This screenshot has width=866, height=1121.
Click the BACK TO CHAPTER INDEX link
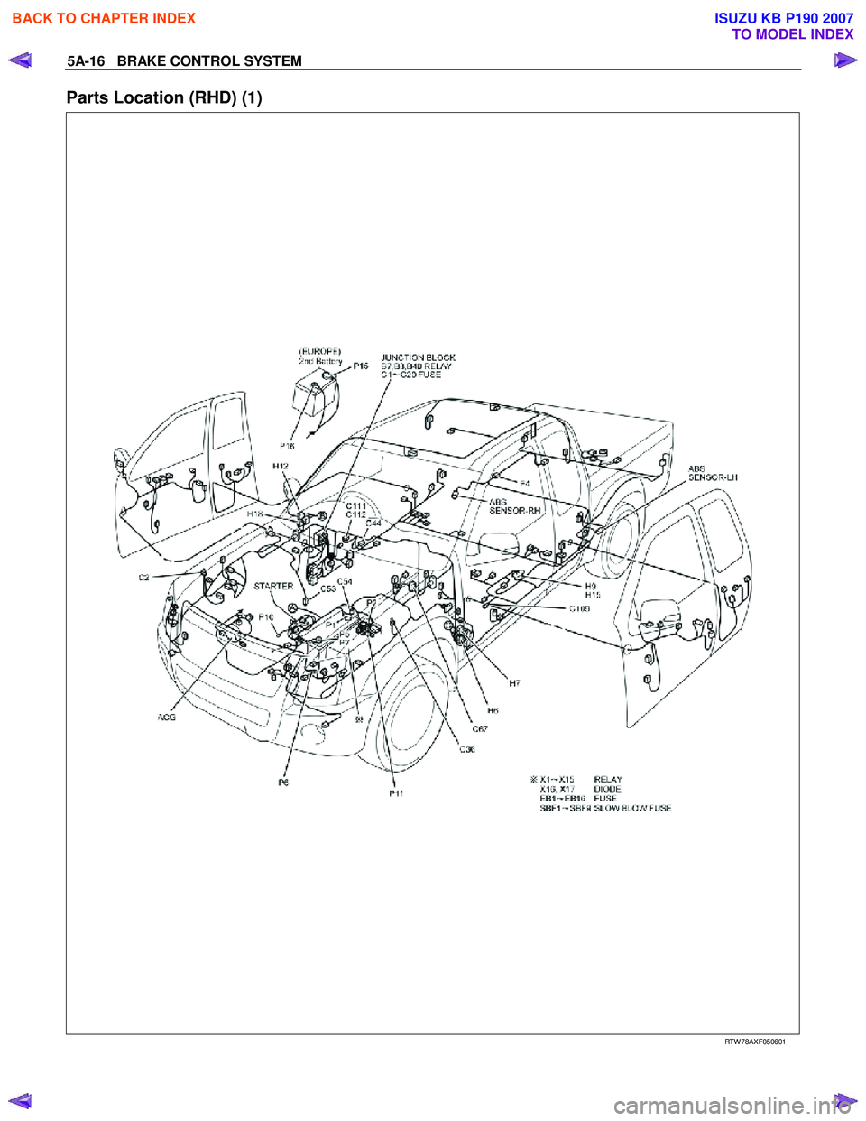coord(104,18)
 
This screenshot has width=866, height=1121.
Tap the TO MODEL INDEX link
coord(792,34)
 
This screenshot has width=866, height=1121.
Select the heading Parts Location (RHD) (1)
coord(164,97)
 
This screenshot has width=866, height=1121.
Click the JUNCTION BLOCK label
coord(418,357)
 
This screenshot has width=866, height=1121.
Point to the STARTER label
coord(273,586)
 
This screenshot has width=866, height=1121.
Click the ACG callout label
coord(167,718)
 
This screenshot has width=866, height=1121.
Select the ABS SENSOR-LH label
coord(713,473)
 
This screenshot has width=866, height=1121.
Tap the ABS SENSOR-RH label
coord(514,506)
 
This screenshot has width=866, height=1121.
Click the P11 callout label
coord(396,793)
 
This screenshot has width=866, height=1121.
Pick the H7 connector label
coord(514,684)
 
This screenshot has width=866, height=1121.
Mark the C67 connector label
coord(480,729)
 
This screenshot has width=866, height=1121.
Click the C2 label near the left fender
coord(143,578)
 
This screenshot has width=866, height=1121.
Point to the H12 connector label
coord(281,467)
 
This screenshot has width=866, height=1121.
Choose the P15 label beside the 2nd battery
coord(361,366)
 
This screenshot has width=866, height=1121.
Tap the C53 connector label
coord(327,588)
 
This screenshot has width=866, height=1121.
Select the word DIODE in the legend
coord(607,789)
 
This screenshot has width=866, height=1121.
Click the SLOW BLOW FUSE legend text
coord(631,808)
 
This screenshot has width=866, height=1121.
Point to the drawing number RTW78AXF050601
coord(755,1042)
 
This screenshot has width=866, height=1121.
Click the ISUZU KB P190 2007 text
coord(783,18)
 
